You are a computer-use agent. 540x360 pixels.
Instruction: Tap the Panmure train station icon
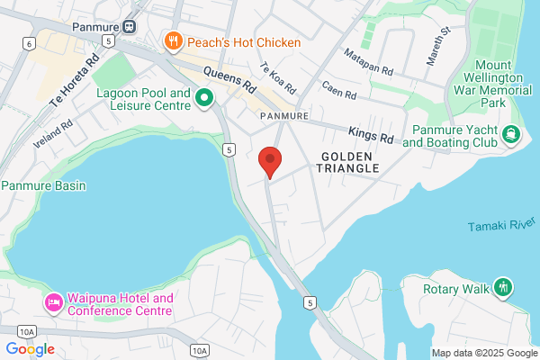point(130,26)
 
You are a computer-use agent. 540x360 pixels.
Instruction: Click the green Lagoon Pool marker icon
point(204,98)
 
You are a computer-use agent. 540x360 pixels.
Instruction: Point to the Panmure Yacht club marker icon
point(512,135)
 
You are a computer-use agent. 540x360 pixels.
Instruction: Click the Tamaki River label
point(501,225)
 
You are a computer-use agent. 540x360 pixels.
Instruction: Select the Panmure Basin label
point(42,186)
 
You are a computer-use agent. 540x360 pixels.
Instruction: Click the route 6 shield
point(30,43)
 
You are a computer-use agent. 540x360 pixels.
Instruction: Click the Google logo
point(30,349)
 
